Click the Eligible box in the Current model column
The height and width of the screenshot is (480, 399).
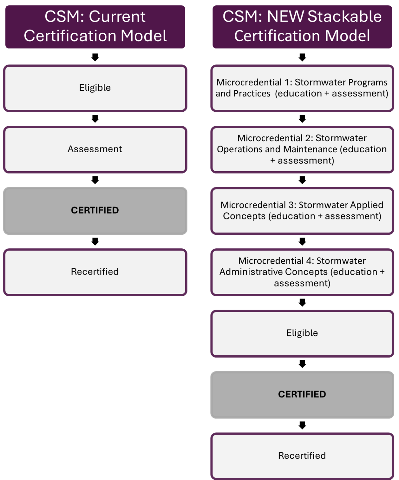[x=95, y=88]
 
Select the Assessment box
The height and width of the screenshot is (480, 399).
[x=95, y=149]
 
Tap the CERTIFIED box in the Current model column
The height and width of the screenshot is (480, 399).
[x=95, y=210]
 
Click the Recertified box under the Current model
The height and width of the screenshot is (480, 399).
[x=95, y=272]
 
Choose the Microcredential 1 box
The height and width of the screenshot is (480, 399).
[x=302, y=88]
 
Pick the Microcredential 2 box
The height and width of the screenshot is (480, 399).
[x=302, y=149]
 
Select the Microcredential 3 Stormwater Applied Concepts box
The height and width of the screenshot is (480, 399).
[x=302, y=210]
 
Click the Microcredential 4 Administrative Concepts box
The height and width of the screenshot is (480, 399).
[x=302, y=272]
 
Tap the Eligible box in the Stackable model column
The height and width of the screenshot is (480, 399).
[x=302, y=333]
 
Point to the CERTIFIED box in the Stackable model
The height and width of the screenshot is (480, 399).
[x=302, y=394]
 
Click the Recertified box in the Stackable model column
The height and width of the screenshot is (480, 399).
[x=302, y=456]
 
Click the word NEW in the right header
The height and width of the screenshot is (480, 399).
[x=285, y=17]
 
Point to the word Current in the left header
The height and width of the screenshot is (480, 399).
[x=117, y=17]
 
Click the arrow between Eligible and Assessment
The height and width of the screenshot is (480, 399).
[x=95, y=119]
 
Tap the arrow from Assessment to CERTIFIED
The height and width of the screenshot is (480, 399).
[x=95, y=180]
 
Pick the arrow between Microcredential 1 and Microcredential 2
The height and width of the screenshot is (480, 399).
[x=302, y=119]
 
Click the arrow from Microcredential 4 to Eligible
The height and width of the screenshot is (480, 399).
[x=302, y=302]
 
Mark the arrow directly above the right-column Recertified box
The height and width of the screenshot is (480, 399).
[x=302, y=425]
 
